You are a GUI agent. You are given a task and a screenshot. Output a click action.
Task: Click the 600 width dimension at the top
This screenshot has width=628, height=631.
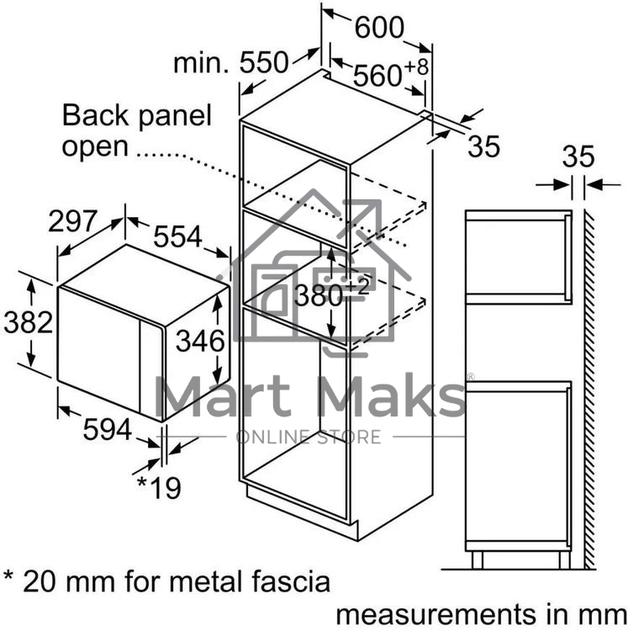[378, 29]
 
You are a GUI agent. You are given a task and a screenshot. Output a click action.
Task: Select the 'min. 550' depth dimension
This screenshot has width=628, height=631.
[231, 62]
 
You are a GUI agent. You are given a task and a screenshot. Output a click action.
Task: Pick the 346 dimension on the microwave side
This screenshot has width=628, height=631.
[200, 341]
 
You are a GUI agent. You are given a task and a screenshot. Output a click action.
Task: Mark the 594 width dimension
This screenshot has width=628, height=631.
[108, 431]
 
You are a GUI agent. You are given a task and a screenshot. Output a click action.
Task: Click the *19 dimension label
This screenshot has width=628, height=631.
[159, 486]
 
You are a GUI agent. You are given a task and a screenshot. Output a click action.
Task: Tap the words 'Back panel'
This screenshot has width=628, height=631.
[137, 115]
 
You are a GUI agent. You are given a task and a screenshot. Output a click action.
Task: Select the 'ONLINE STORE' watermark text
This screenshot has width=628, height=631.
[309, 437]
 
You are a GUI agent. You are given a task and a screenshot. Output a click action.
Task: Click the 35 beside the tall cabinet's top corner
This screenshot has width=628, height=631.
[483, 146]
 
